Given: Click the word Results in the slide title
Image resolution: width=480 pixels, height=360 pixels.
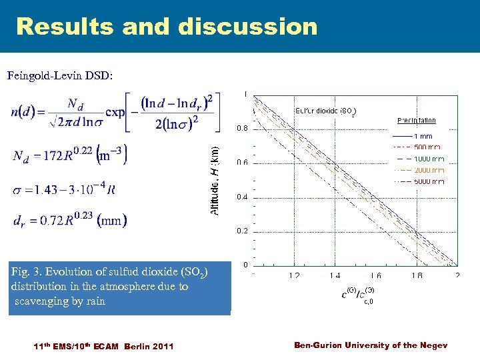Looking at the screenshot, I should [x=63, y=27].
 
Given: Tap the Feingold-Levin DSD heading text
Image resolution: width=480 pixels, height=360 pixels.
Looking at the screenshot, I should [x=60, y=76].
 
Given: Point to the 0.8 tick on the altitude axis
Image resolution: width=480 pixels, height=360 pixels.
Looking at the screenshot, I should [x=243, y=128].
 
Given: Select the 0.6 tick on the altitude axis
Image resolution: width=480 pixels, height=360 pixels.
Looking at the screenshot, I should [x=243, y=163].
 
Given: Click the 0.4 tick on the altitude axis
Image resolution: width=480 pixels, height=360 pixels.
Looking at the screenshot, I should [x=243, y=197].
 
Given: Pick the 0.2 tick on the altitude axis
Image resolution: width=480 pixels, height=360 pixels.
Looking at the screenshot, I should [x=243, y=231].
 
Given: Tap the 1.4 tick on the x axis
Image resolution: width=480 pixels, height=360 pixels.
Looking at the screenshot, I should [x=335, y=275].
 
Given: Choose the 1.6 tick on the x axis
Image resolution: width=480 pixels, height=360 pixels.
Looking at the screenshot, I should [x=375, y=275].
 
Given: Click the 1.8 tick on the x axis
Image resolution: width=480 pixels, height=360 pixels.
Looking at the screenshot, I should [x=417, y=275].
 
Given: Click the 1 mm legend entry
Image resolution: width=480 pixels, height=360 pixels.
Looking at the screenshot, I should [x=423, y=136].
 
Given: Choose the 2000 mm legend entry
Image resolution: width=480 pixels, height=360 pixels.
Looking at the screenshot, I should [x=428, y=170].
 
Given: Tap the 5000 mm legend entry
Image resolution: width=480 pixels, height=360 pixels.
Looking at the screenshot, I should [x=428, y=181].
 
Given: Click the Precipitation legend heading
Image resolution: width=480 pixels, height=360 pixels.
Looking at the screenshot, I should [x=416, y=121].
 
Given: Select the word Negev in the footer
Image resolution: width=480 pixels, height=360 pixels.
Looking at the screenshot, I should [x=434, y=345].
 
